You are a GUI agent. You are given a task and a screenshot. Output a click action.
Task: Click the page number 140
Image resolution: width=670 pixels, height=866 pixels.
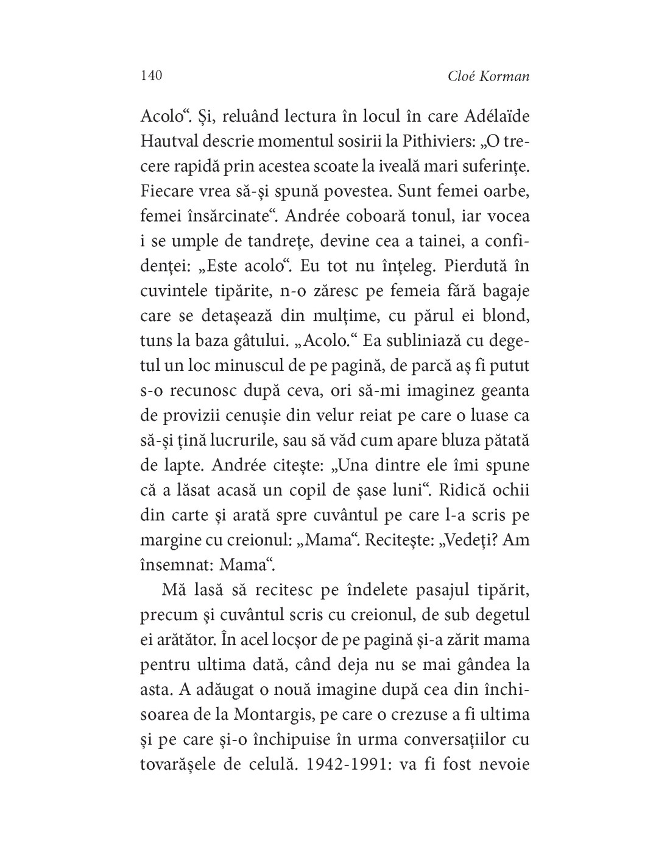[x=150, y=76]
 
